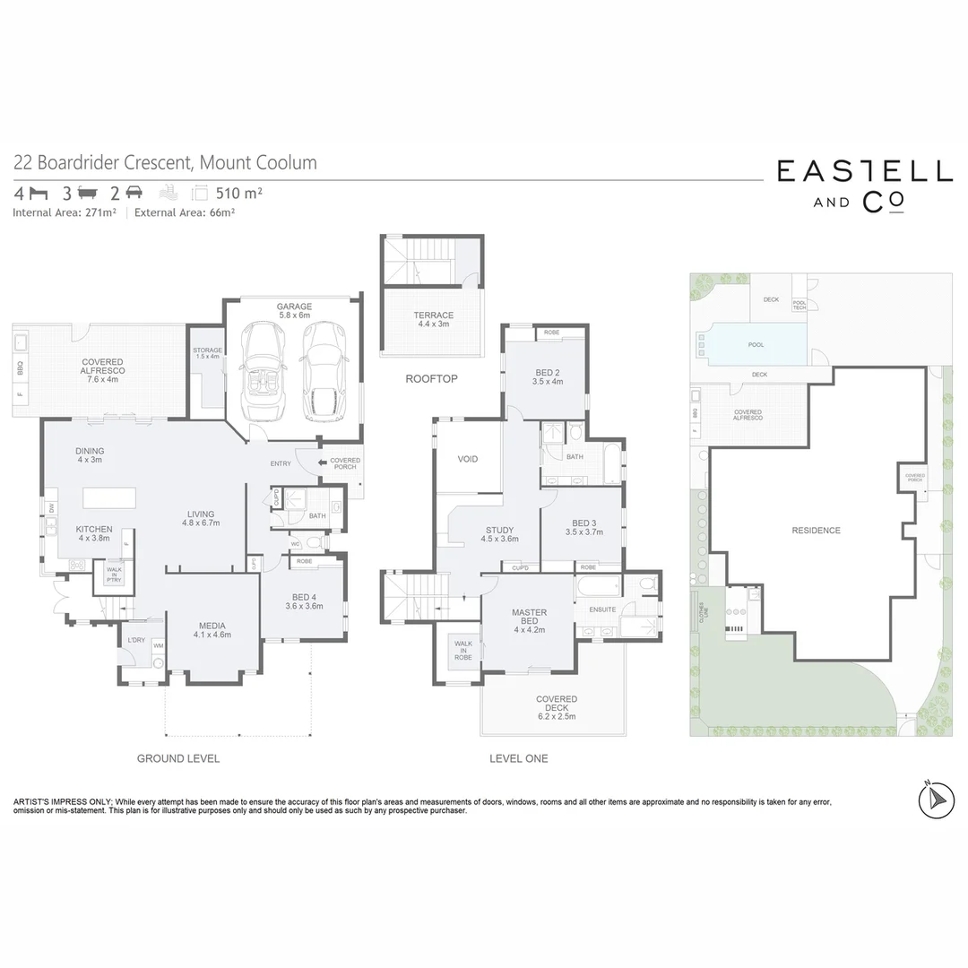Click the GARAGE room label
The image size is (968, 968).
click(293, 310)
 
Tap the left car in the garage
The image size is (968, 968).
click(262, 370)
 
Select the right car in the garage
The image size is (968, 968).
click(323, 370)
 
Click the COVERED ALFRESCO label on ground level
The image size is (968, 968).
click(102, 370)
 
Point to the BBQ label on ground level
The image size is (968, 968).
click(19, 367)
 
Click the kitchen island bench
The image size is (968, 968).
click(109, 497)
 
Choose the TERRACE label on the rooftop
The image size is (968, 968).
click(433, 319)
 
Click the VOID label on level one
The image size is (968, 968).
click(468, 459)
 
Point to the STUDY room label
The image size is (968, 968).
click(499, 534)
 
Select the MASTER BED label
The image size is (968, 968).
click(529, 618)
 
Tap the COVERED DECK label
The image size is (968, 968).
click(557, 707)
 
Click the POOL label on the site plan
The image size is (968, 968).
click(756, 344)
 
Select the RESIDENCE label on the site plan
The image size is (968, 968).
click(816, 531)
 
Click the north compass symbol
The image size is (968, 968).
click(936, 796)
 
